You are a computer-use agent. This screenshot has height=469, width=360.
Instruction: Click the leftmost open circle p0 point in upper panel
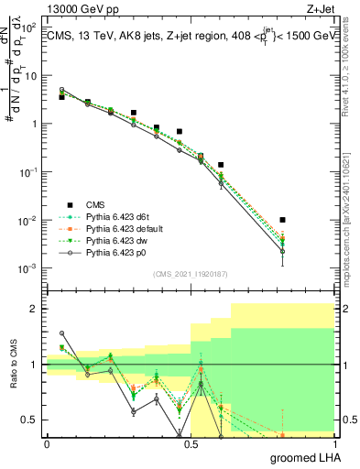tap(61, 90)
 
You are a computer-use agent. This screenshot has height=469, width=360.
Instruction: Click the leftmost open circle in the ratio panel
tap(61, 333)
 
